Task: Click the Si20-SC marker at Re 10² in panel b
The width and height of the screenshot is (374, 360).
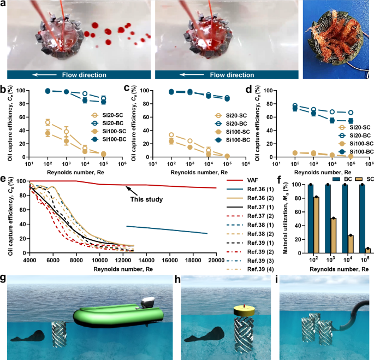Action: [x=47, y=122]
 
